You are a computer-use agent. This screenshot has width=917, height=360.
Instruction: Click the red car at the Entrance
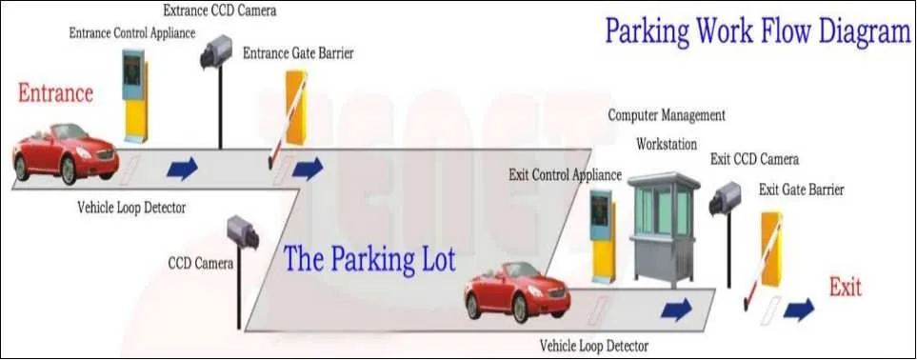[x=65, y=152]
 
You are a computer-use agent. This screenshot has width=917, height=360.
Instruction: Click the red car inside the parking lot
[x=516, y=291]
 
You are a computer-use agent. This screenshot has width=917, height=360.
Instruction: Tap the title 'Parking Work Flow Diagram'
[x=758, y=31]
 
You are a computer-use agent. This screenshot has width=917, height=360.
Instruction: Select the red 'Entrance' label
[x=55, y=93]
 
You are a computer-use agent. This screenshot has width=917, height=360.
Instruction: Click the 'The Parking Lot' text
[x=369, y=259]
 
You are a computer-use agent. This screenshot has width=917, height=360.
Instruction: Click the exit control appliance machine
[x=601, y=232]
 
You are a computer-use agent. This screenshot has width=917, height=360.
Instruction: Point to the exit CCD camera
[x=725, y=197]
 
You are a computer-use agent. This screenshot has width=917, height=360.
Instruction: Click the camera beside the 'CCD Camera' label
[x=242, y=232]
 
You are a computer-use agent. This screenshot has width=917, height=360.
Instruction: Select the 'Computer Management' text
[x=667, y=115]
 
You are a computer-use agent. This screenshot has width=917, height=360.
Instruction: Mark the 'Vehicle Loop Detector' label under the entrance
[x=131, y=207]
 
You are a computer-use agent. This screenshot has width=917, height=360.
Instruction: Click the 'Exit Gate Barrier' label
[x=801, y=190]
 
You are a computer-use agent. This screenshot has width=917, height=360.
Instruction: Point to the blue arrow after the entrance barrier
[x=308, y=170]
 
